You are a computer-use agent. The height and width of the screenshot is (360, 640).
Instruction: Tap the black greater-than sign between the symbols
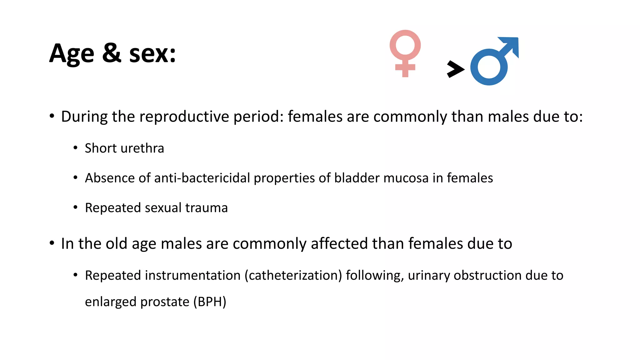(x=455, y=69)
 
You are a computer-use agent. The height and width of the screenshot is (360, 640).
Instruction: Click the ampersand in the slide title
(x=111, y=53)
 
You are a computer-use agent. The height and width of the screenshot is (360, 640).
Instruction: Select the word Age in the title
(x=72, y=54)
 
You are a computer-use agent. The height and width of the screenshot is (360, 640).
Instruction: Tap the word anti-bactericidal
(x=202, y=178)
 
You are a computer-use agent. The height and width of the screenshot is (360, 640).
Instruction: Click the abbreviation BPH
(x=210, y=302)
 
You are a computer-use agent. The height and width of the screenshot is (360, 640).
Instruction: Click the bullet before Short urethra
(x=75, y=148)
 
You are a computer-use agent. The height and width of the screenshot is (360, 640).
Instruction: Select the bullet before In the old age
(x=52, y=243)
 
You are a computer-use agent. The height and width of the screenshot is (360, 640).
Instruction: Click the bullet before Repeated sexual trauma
(x=75, y=207)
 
